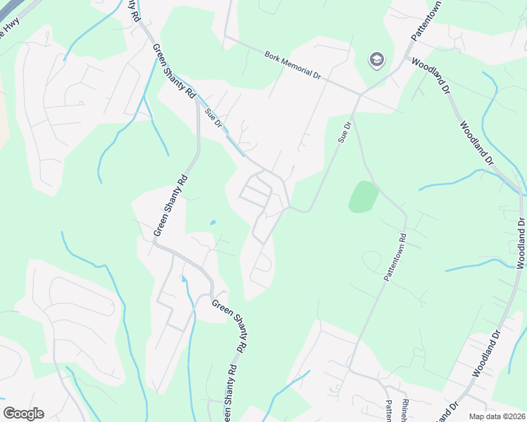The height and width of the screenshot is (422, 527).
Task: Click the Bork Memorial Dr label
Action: tap(292, 65)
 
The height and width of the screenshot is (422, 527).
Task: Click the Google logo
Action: tap(23, 414)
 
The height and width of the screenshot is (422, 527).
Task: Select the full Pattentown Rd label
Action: tap(396, 258)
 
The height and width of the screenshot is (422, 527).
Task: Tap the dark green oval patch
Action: tap(364, 196)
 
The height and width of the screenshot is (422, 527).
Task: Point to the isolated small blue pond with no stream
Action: tap(212, 223)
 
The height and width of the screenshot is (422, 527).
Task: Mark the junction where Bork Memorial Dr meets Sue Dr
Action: tap(361, 94)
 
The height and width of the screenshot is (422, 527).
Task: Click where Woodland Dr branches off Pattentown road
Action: tap(407, 58)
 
